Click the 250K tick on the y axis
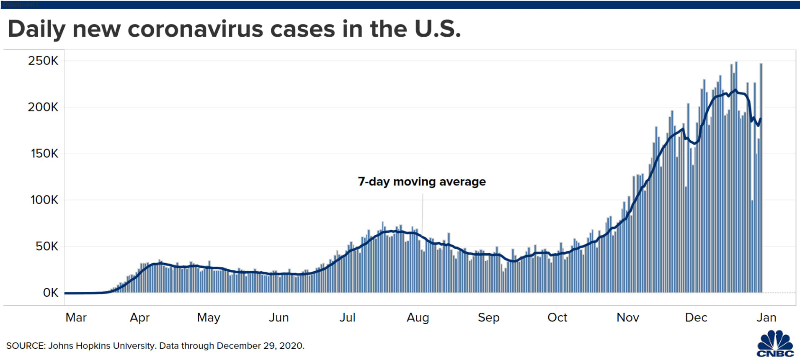point(43,61)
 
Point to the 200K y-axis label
point(43,107)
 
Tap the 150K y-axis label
point(44,154)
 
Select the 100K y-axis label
point(44,200)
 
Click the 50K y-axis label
point(47,246)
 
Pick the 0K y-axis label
point(51,293)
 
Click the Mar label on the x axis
point(76,317)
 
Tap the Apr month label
point(139,317)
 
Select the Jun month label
point(279,317)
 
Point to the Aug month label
point(418,317)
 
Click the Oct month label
point(557,317)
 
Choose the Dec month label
point(696,317)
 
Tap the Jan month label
point(766,317)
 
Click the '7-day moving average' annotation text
point(422,182)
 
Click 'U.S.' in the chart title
point(437,29)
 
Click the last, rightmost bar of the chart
point(761,178)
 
